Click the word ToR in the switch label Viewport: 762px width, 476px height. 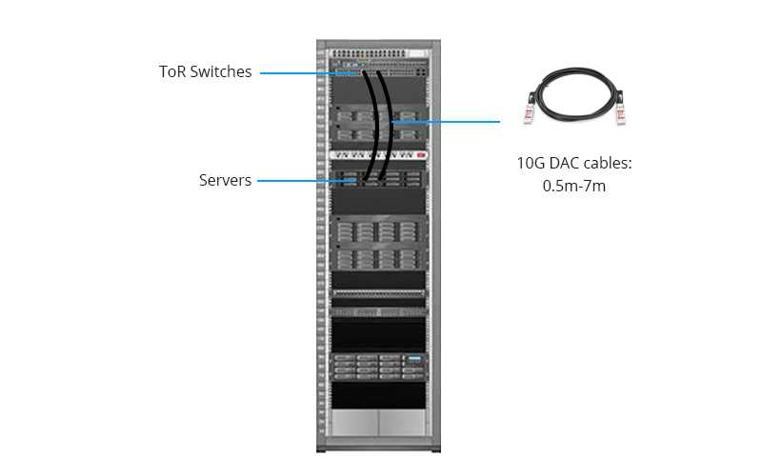(172, 72)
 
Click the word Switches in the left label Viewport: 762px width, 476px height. (221, 72)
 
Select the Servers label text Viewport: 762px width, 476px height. (225, 180)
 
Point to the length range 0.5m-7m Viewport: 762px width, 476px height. (574, 186)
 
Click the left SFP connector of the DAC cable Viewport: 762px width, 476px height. (530, 112)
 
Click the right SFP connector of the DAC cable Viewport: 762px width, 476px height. (620, 112)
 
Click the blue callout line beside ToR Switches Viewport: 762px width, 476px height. (311, 73)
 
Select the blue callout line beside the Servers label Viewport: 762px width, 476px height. (307, 181)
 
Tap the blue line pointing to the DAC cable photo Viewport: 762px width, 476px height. (446, 122)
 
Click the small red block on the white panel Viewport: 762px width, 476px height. (421, 155)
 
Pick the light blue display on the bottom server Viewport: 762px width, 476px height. (413, 359)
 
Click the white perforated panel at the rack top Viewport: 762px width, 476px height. (378, 53)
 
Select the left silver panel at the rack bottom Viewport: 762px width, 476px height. (354, 422)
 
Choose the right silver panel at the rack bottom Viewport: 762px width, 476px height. (402, 422)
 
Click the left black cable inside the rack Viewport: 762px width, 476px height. (372, 127)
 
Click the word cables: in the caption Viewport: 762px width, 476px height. (608, 163)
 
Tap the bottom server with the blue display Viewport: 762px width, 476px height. (378, 367)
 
